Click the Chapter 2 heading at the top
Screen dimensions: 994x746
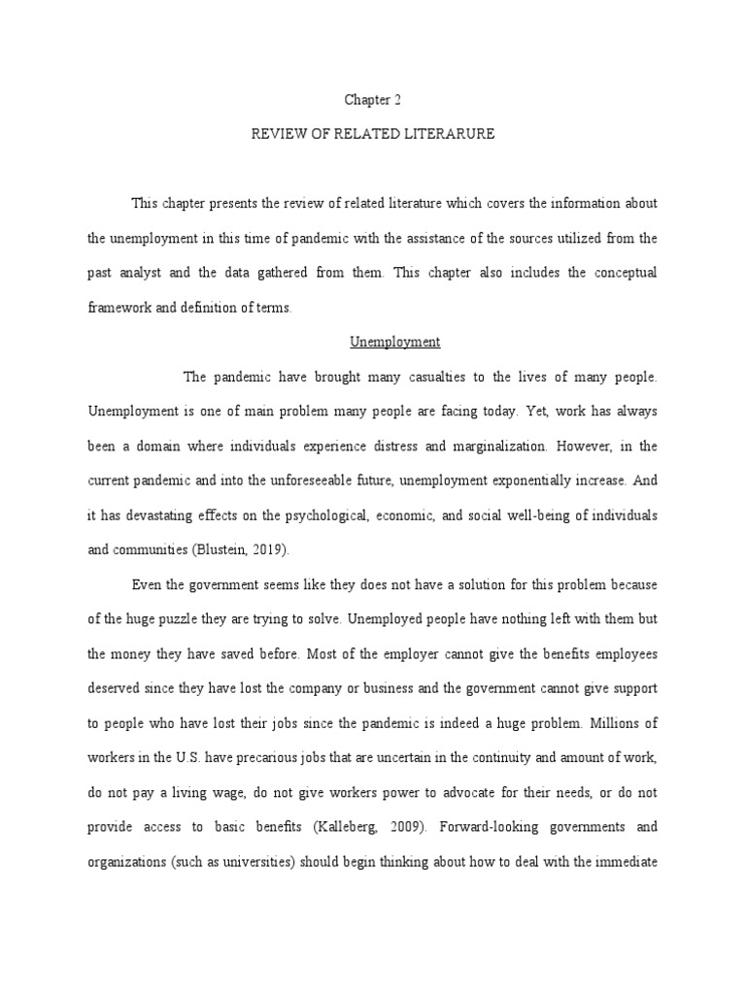(x=372, y=99)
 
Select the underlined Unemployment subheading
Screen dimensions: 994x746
(x=395, y=342)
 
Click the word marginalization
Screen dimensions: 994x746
(x=495, y=447)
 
